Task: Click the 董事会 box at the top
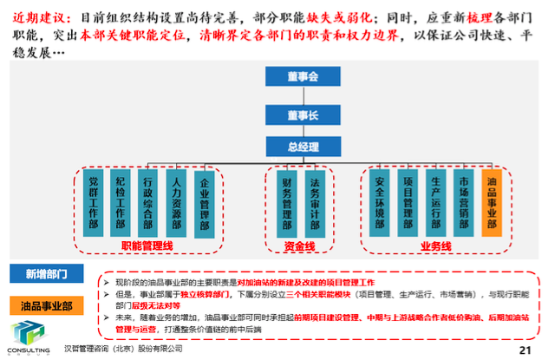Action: [x=303, y=77]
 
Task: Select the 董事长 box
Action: [x=303, y=112]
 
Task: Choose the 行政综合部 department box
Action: [x=149, y=202]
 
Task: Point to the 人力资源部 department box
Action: [x=177, y=202]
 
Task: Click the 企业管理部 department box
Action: [x=205, y=202]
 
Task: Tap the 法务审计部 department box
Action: [x=316, y=202]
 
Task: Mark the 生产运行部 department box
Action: [x=436, y=202]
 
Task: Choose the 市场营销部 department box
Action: [x=464, y=202]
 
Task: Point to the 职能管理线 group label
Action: [x=148, y=246]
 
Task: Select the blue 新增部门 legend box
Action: [x=48, y=274]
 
